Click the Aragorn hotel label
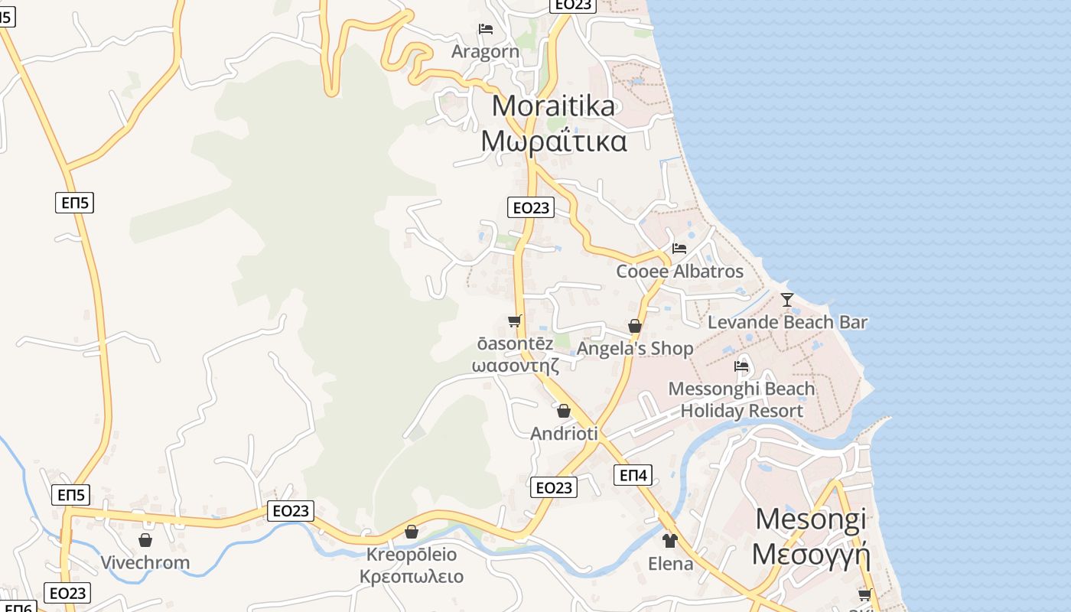[485, 52]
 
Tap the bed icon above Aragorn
[485, 30]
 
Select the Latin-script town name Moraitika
[553, 106]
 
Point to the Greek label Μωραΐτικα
[554, 142]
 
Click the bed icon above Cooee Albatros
[679, 249]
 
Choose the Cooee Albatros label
[679, 272]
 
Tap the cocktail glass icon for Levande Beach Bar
[787, 299]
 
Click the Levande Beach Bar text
[787, 322]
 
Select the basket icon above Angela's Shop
[634, 326]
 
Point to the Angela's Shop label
[635, 349]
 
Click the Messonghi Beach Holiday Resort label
[741, 399]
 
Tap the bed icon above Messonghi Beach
[741, 366]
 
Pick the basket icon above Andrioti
[564, 411]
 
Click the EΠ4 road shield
[633, 476]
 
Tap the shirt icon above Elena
[670, 541]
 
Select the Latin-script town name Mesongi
[811, 519]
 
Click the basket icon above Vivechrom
[145, 541]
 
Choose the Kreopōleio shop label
[412, 555]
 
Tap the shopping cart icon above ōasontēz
[514, 321]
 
